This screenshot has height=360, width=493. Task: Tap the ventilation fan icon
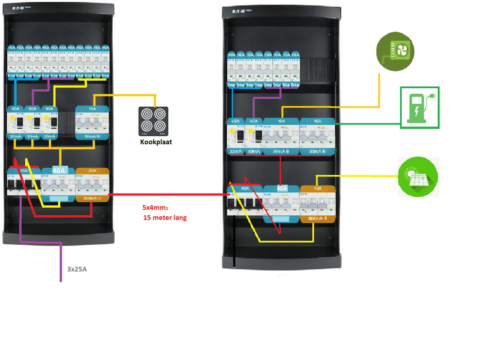tap(396, 50)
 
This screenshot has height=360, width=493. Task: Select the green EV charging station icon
tap(420, 107)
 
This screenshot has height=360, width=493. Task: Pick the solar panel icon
tap(418, 176)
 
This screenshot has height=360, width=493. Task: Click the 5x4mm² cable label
tap(156, 208)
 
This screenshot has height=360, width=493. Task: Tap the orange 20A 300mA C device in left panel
tap(92, 185)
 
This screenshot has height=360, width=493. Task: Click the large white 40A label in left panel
tap(59, 171)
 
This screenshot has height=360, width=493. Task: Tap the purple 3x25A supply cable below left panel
tap(61, 262)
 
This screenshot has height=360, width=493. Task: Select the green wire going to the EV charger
tap(370, 123)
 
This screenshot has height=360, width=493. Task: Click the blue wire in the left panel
tap(15, 92)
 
